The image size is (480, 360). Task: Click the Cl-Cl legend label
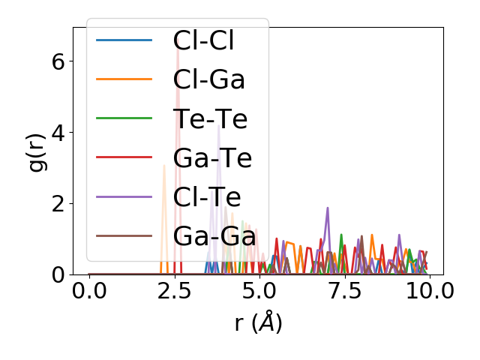tap(203, 40)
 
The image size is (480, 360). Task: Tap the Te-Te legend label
tap(210, 118)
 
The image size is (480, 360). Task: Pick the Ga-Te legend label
tap(212, 158)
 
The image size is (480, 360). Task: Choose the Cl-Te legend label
tap(207, 197)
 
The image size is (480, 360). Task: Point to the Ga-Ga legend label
tap(215, 236)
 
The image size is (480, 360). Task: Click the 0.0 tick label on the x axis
tap(89, 292)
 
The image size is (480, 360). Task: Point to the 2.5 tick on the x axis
tap(174, 292)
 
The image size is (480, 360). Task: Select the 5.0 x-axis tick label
tap(259, 292)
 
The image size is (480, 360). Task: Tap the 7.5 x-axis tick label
tap(343, 292)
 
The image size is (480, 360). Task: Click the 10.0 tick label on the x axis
tap(428, 292)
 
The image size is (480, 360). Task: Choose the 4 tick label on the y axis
tap(59, 132)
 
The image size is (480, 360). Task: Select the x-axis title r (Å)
tap(258, 323)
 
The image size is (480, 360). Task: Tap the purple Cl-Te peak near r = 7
tap(328, 208)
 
